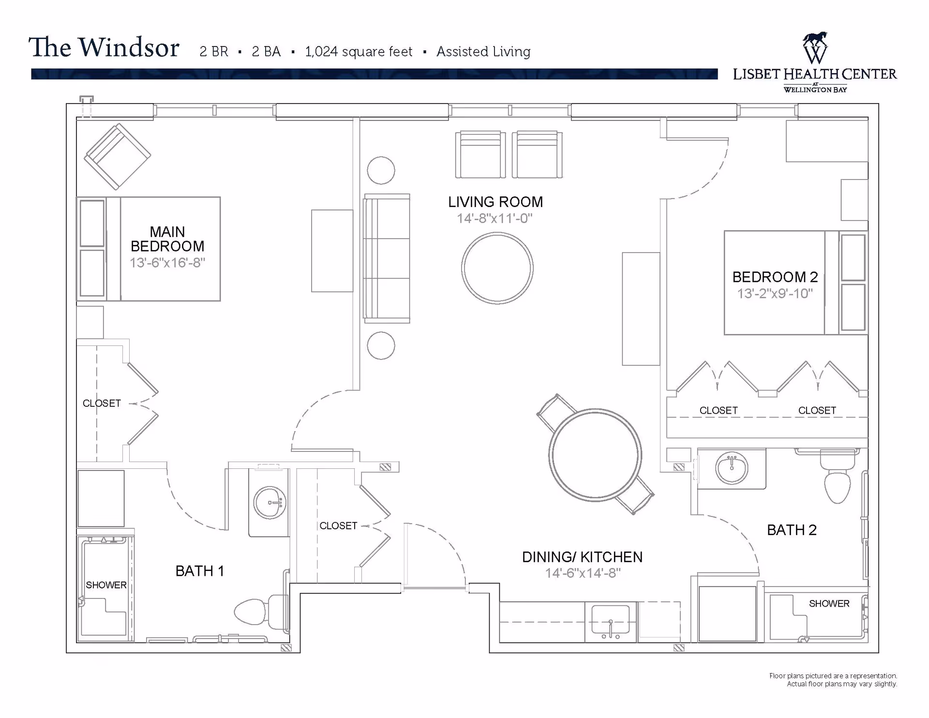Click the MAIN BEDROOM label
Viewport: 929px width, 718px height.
click(x=167, y=239)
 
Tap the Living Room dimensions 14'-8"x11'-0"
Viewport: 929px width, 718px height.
click(x=494, y=218)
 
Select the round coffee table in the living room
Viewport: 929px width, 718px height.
click(x=497, y=268)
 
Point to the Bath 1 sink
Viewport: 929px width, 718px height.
click(x=270, y=503)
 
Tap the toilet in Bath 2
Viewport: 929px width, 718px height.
click(x=838, y=478)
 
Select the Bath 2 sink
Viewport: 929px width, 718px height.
click(x=732, y=468)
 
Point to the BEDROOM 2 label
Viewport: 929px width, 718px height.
click(x=775, y=277)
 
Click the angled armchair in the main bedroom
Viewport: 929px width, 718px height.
click(x=118, y=156)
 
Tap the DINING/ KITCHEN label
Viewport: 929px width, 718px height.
click(x=582, y=557)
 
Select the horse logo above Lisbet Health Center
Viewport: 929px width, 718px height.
click(x=815, y=47)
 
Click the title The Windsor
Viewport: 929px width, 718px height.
click(x=104, y=47)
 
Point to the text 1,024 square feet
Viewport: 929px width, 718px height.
click(x=359, y=51)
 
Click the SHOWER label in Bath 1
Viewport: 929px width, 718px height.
click(x=106, y=585)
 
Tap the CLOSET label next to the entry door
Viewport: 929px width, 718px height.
click(x=338, y=525)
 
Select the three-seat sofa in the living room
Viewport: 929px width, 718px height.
click(x=387, y=258)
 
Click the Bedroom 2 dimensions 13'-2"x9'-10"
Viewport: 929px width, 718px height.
click(x=775, y=293)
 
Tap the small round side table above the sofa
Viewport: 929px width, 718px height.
click(x=381, y=170)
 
